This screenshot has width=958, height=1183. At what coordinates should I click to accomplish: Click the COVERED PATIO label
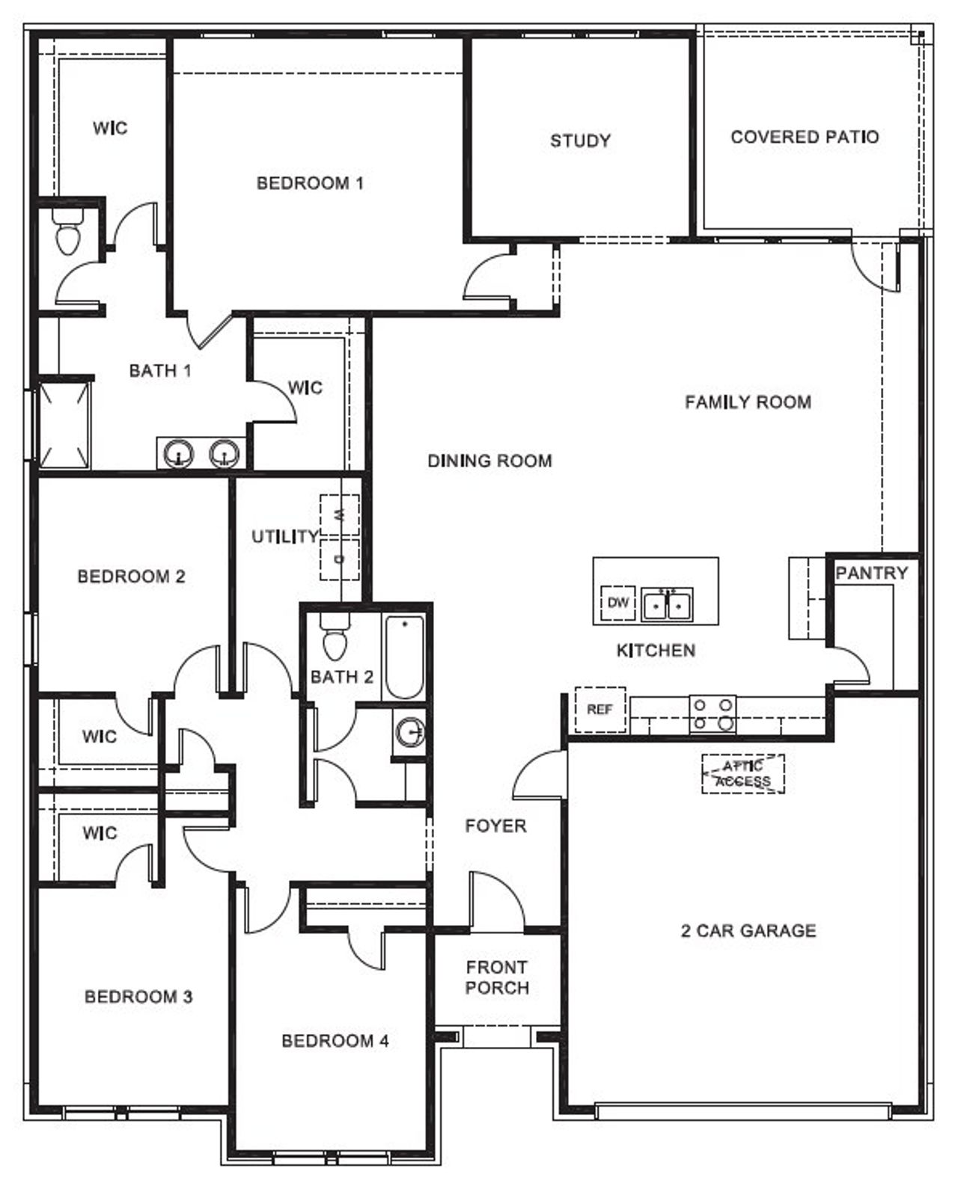point(805,137)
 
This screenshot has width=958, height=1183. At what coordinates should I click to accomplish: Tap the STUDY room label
point(580,141)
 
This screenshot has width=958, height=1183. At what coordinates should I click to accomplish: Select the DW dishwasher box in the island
point(618,602)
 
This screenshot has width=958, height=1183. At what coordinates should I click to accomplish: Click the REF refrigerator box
point(599,709)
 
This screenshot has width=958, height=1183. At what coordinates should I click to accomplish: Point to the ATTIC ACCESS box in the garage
point(742,773)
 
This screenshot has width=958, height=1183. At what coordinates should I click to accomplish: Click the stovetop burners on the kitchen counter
point(713,713)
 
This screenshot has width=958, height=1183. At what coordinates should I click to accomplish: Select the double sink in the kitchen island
point(667,605)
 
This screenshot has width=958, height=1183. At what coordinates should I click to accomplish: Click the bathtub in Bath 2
point(404,657)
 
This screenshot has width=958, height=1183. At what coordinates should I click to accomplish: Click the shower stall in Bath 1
point(64,424)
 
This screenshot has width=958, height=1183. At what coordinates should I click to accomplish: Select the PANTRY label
point(871,574)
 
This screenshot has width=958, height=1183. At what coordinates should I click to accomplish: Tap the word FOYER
point(495,826)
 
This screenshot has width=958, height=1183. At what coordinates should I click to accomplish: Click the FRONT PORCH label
point(497,977)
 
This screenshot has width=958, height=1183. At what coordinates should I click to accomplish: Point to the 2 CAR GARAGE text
point(748,930)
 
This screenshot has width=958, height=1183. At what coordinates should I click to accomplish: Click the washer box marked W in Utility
point(340,514)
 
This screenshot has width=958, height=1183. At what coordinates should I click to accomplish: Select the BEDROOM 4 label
point(335,1040)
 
